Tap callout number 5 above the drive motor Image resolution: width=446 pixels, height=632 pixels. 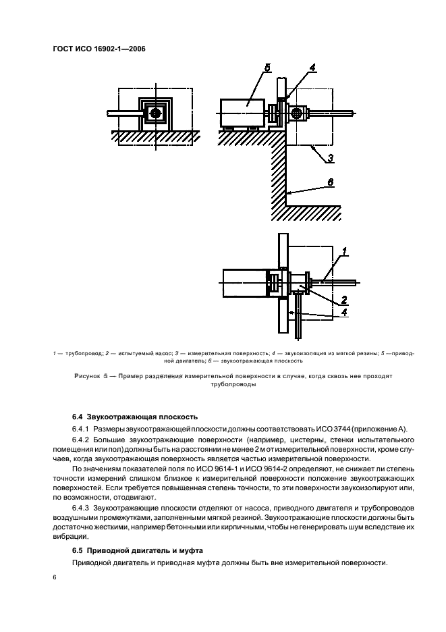click(267, 68)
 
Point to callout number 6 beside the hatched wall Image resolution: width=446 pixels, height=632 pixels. click(331, 182)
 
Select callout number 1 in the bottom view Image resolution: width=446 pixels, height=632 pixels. click(343, 252)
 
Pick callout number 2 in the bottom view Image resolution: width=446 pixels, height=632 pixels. click(343, 298)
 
